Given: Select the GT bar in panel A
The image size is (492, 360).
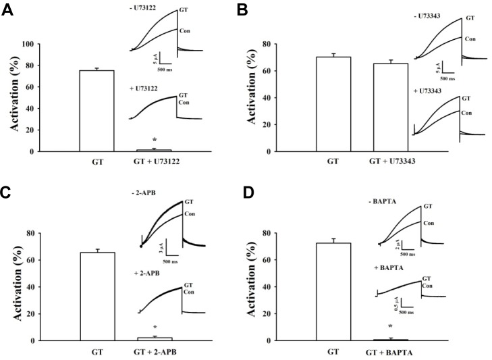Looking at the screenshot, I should pyautogui.click(x=97, y=110).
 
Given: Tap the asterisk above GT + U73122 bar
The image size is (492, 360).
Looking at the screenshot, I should pyautogui.click(x=155, y=140).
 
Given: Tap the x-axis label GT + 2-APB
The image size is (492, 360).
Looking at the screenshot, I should pyautogui.click(x=155, y=352).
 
